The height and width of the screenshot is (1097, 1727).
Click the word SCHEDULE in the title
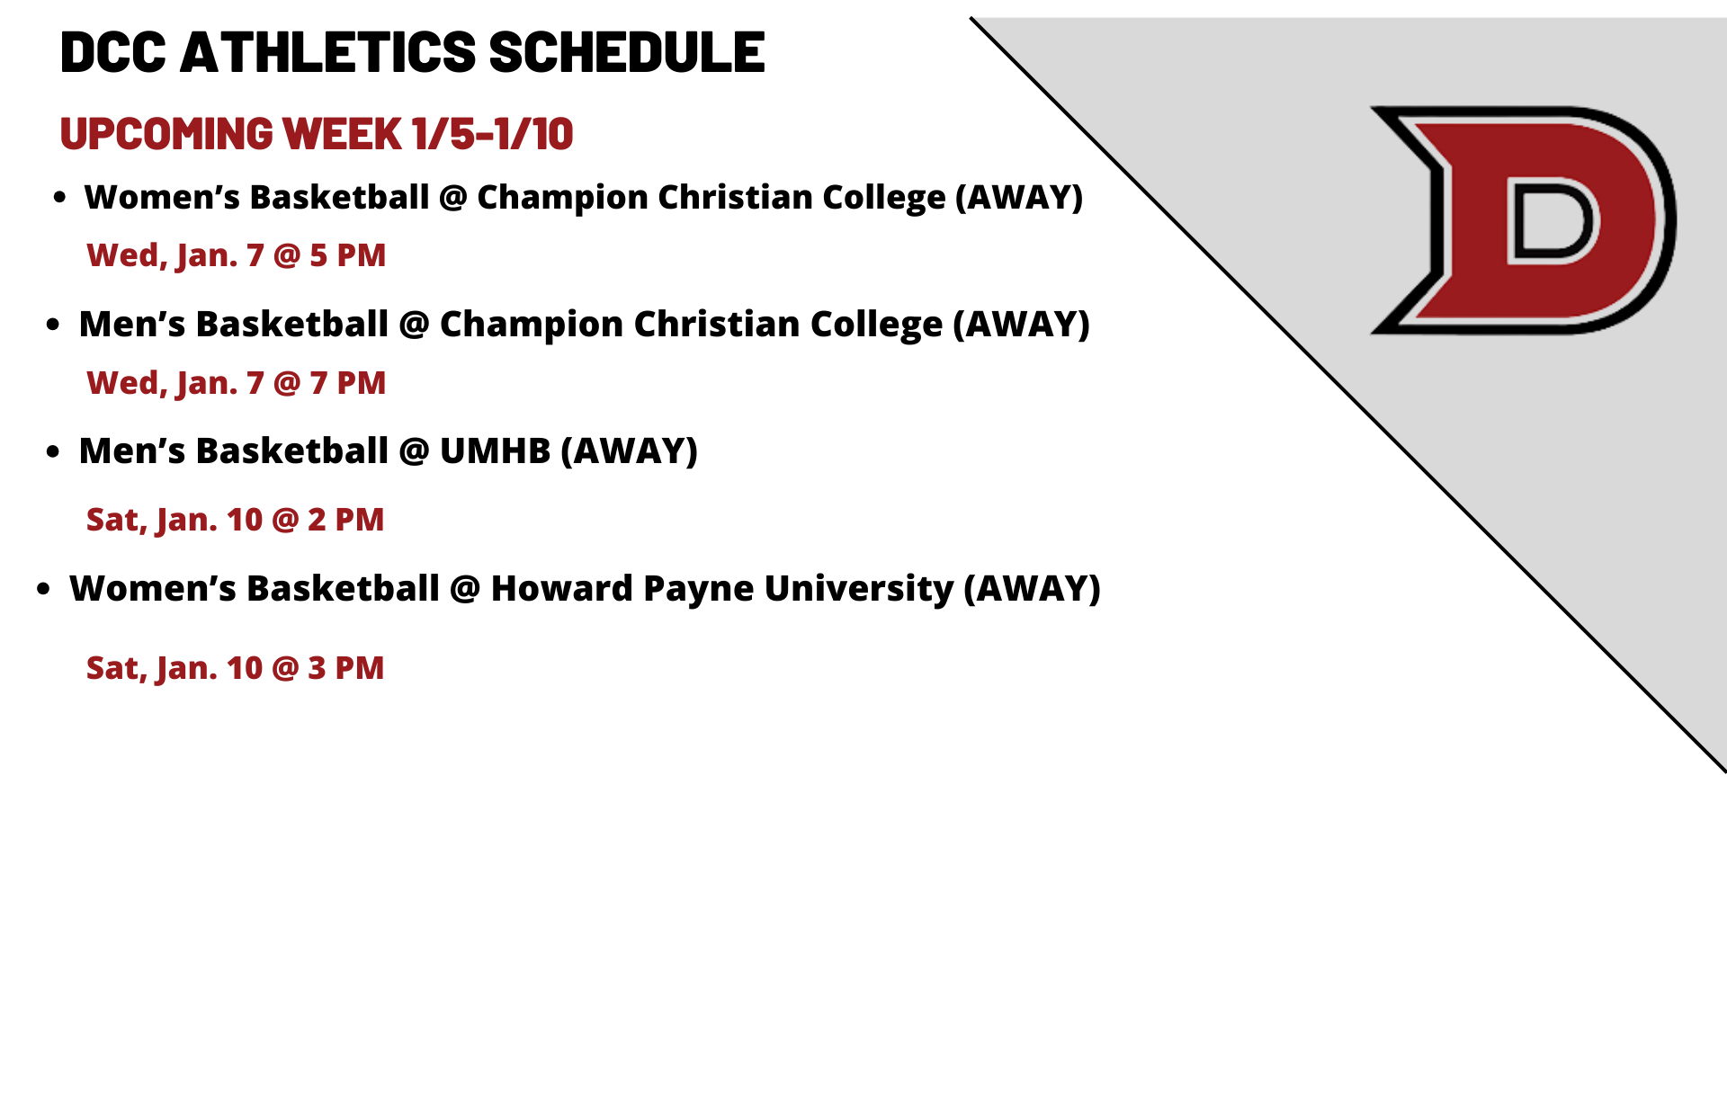point(627,52)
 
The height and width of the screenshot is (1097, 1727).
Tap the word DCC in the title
point(113,52)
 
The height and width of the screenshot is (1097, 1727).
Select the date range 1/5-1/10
point(492,134)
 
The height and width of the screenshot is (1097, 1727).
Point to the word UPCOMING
point(166,134)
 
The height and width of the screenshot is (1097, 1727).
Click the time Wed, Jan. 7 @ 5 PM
point(237,255)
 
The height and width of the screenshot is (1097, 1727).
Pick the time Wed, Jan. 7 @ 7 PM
point(237,383)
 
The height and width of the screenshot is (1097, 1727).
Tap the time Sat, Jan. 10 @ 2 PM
point(236,520)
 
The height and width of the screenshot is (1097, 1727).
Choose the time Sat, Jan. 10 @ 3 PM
point(236,668)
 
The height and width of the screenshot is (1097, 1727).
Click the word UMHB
point(495,450)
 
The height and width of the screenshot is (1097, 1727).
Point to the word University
point(859,589)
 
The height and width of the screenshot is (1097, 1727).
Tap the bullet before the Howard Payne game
point(43,590)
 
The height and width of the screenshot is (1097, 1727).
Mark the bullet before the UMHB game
point(53,451)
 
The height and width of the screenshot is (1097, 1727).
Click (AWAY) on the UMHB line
point(630,451)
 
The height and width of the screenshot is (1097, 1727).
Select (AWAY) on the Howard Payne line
point(1033,589)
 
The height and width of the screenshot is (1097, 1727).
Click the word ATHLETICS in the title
point(328,52)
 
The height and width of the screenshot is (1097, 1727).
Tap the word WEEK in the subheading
point(343,134)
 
